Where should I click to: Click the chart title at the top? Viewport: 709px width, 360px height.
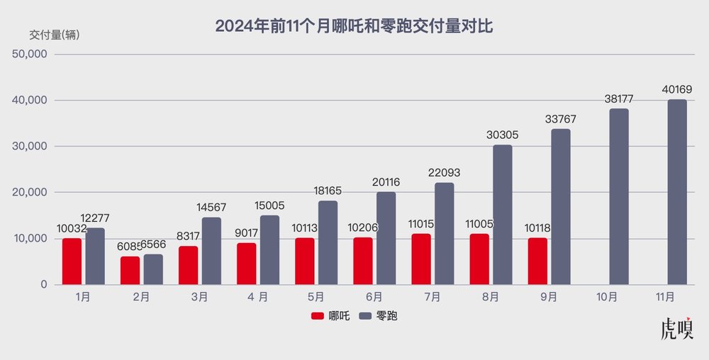[x=354, y=27]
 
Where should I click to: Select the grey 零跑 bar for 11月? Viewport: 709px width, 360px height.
[x=677, y=192]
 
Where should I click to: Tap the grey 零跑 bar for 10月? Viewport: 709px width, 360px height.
[x=619, y=196]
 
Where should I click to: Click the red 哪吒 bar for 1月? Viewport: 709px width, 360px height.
[x=72, y=261]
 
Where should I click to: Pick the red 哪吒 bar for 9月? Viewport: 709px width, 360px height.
[x=537, y=261]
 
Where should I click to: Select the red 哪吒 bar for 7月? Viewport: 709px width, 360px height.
[x=421, y=259]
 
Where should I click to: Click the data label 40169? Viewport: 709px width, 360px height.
[x=677, y=90]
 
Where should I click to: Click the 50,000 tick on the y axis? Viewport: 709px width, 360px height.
[x=29, y=55]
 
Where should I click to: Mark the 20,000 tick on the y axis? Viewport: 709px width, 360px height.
[x=29, y=193]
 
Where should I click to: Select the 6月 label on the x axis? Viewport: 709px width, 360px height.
[x=374, y=296]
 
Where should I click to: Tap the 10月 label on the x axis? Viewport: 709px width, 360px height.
[x=608, y=296]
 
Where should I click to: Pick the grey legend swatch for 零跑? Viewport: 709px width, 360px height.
[x=365, y=316]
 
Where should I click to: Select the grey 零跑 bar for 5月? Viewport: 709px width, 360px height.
[x=328, y=242]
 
